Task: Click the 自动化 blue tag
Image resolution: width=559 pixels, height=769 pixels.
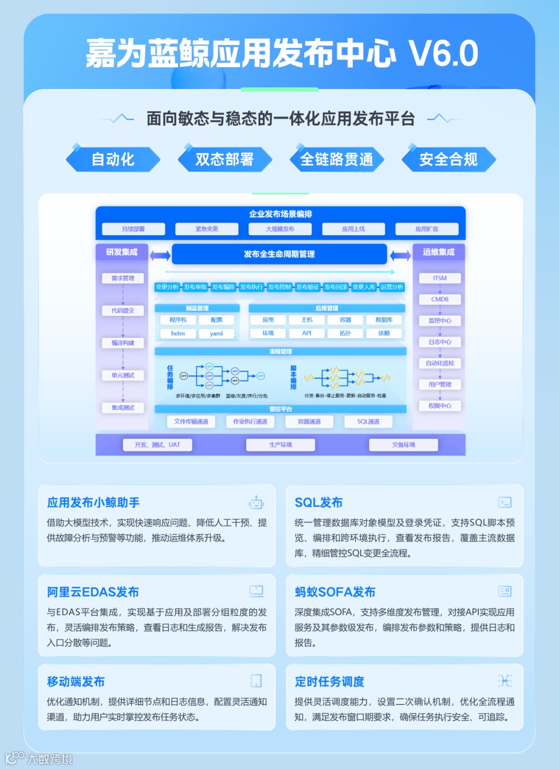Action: pyautogui.click(x=113, y=159)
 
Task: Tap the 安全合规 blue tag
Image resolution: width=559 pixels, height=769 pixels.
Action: pyautogui.click(x=448, y=159)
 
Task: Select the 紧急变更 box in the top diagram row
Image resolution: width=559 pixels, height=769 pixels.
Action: pyautogui.click(x=207, y=229)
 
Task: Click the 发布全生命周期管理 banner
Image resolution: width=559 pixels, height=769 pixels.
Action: pyautogui.click(x=279, y=254)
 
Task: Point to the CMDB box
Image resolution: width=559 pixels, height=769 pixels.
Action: pyautogui.click(x=440, y=299)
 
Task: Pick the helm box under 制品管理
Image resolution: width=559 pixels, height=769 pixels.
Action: pyautogui.click(x=178, y=334)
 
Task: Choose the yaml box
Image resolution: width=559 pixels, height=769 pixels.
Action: pyautogui.click(x=216, y=334)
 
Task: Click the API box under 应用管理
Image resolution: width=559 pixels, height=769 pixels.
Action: pyautogui.click(x=307, y=334)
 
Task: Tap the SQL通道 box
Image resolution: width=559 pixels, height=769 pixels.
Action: pyautogui.click(x=368, y=421)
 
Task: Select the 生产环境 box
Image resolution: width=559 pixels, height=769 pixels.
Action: pyautogui.click(x=281, y=445)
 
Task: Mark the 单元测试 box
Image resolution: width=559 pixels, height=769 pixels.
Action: pyautogui.click(x=123, y=375)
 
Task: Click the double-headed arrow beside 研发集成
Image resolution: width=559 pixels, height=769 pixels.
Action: pyautogui.click(x=160, y=255)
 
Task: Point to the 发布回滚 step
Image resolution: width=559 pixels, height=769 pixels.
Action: pyautogui.click(x=336, y=287)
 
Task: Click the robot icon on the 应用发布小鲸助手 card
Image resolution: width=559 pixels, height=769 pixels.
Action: pyautogui.click(x=256, y=503)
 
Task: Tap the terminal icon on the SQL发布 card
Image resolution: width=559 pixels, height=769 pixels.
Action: pyautogui.click(x=505, y=502)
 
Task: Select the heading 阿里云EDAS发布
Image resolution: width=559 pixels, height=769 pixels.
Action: pyautogui.click(x=93, y=592)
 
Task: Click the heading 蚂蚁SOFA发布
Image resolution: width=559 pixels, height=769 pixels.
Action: pyautogui.click(x=335, y=592)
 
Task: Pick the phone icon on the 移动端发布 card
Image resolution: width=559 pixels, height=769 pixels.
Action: pyautogui.click(x=256, y=681)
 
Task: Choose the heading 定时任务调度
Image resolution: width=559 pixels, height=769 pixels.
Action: pyautogui.click(x=330, y=682)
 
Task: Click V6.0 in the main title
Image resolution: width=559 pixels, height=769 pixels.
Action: pyautogui.click(x=443, y=54)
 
